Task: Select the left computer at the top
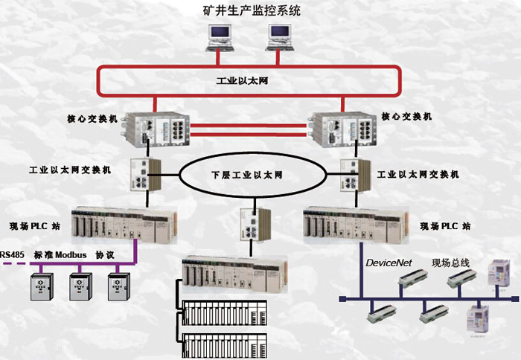tap(220, 36)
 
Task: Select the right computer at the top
tap(279, 36)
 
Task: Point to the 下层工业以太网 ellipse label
tap(252, 176)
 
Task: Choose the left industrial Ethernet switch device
tap(143, 176)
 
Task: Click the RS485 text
tap(13, 255)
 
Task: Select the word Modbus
tap(71, 255)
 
